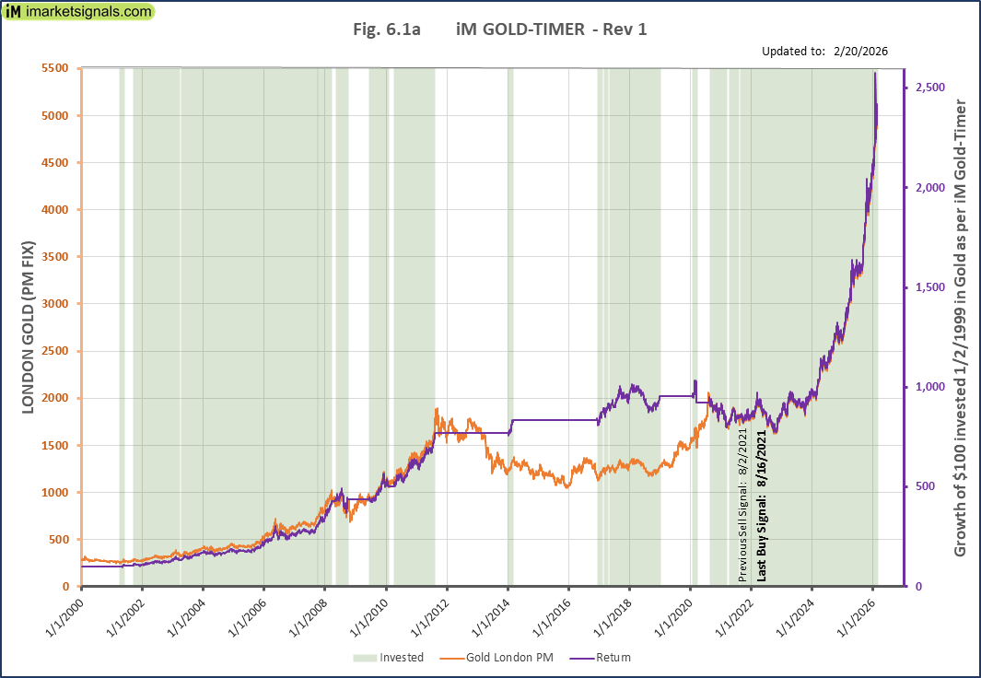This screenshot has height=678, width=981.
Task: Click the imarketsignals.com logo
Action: [78, 13]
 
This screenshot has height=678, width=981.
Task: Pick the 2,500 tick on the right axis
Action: [932, 87]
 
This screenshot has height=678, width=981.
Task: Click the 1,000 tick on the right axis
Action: [932, 387]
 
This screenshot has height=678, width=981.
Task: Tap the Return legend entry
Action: [602, 657]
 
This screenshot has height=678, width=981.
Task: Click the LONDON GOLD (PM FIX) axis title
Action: [28, 327]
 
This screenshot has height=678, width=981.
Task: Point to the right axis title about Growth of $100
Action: [960, 327]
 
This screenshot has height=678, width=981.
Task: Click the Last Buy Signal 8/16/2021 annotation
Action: [762, 505]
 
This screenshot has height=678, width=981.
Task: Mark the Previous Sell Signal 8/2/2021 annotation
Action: [743, 512]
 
